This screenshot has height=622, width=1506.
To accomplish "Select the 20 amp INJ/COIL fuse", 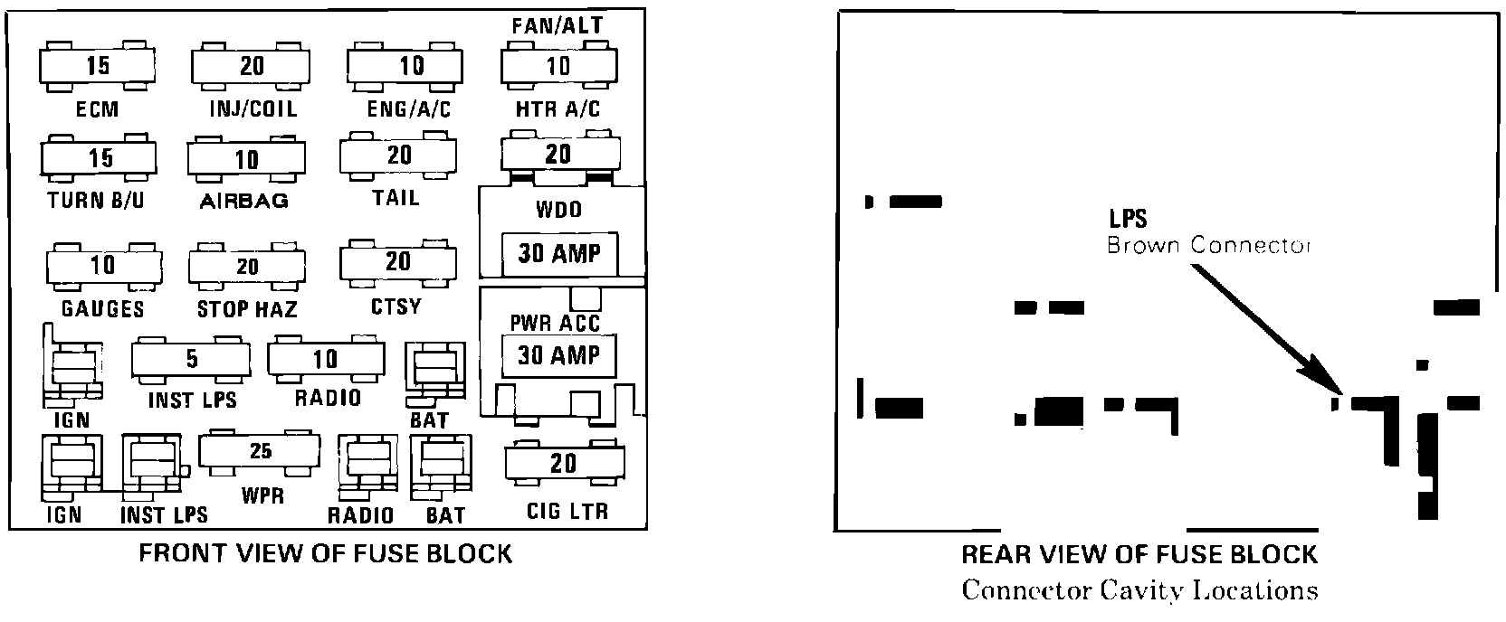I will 251,66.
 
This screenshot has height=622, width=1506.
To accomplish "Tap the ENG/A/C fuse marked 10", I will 411,66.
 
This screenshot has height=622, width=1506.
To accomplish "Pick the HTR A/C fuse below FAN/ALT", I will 558,66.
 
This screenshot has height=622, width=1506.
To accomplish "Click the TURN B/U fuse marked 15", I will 99,159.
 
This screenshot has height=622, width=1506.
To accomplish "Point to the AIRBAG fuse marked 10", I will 246,160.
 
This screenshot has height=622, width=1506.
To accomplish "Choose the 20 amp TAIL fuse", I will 398,156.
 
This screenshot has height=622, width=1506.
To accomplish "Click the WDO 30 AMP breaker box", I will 558,254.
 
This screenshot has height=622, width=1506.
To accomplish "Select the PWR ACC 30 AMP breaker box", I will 558,355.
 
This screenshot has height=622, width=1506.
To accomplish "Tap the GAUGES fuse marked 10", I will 102,265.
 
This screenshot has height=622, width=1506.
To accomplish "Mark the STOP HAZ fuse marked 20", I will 247,267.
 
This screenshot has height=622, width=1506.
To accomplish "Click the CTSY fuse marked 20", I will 397,262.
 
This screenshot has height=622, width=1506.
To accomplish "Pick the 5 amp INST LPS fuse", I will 191,360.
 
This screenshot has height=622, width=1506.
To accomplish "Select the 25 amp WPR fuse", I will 260,450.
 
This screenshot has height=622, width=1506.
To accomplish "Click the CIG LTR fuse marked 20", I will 562,464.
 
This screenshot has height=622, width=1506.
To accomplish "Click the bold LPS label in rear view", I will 1128,219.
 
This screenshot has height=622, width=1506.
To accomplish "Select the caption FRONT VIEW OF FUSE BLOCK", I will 325,553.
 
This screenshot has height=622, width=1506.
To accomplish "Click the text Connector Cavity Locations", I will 1139,591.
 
